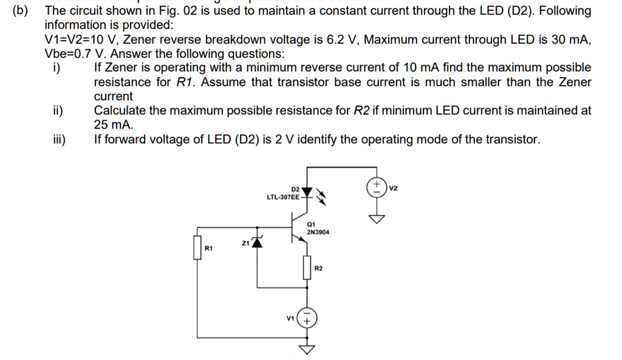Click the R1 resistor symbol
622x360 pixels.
[x=197, y=248]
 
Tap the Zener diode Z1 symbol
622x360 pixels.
[x=258, y=243]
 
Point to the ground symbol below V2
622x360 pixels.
[x=377, y=219]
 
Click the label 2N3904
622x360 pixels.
[x=318, y=232]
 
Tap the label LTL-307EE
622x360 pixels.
[x=282, y=197]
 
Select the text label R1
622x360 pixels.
[x=209, y=248]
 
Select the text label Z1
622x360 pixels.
[x=245, y=243]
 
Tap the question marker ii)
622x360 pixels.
[x=58, y=110]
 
